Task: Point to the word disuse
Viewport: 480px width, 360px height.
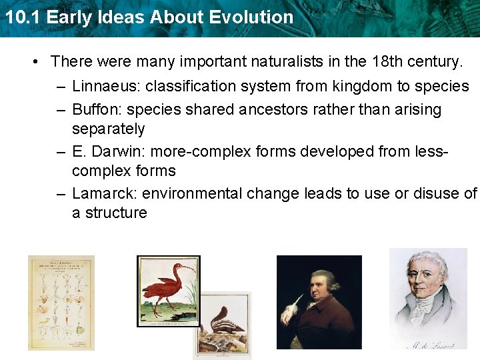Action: click(433, 194)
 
